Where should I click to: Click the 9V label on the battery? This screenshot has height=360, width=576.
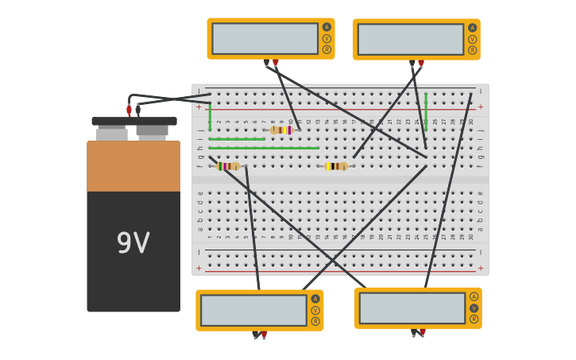133,243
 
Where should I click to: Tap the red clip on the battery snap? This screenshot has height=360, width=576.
129,110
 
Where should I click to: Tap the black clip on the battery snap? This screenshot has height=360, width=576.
138,110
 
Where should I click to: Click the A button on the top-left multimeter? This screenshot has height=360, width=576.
327,27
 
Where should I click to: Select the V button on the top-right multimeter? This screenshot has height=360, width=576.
473,39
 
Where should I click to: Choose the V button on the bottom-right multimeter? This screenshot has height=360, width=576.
474,308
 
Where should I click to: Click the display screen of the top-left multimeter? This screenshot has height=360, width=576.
265,39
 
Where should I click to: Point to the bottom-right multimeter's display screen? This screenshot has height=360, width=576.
412,308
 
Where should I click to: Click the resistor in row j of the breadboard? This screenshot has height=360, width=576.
281,130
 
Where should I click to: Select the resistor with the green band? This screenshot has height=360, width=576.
228,166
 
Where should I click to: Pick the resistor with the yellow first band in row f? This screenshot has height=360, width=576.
336,166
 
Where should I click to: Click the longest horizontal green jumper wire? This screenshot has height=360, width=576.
264,148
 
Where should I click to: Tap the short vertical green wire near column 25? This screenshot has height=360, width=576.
426,111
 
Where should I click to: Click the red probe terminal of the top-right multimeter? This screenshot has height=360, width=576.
421,63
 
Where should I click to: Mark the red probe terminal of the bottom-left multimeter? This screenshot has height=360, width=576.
264,335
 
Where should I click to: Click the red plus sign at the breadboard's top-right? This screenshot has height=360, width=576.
480,106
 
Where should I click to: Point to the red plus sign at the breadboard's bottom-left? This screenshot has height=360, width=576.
199,268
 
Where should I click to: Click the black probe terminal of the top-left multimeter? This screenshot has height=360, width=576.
266,62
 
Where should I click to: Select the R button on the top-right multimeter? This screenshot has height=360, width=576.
473,50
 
